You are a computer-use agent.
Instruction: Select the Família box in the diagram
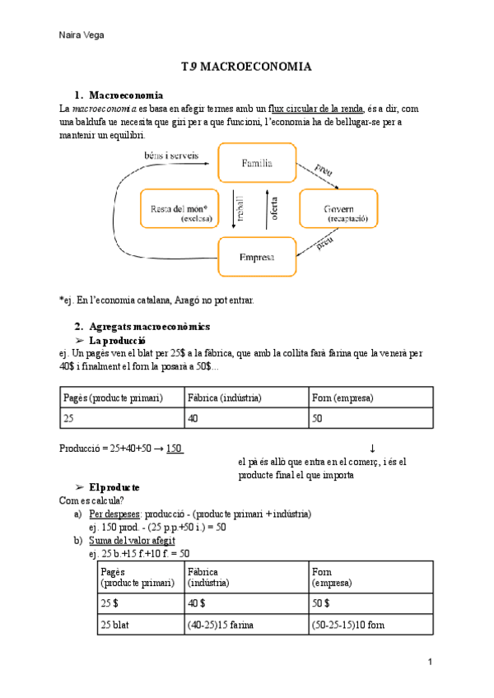(257, 163)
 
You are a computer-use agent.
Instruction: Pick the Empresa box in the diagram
(257, 257)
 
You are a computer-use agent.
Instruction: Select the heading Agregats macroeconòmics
(149, 326)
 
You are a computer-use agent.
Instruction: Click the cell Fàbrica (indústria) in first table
(225, 398)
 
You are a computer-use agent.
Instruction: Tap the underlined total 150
(174, 449)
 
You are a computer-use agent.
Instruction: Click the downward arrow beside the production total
(372, 449)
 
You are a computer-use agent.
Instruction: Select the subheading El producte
(114, 486)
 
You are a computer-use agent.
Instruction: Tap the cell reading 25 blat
(118, 626)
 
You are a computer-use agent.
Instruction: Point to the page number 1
(430, 663)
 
